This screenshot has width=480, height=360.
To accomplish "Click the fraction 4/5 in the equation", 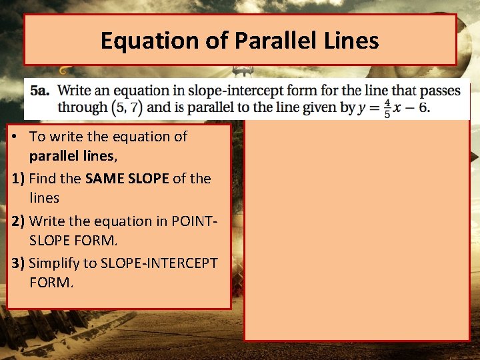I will (387, 108).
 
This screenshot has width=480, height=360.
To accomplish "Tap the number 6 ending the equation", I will (424, 107).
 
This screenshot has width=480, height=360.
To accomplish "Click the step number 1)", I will (19, 179).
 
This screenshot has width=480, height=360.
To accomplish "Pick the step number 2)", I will (19, 221).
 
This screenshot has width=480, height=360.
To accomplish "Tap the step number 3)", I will (19, 263).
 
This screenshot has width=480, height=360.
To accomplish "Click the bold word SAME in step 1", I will (105, 179).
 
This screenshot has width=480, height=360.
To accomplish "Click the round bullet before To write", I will (15, 137).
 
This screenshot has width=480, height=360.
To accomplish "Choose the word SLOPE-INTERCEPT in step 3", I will (159, 263).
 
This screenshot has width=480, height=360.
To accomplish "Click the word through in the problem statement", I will (82, 107).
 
